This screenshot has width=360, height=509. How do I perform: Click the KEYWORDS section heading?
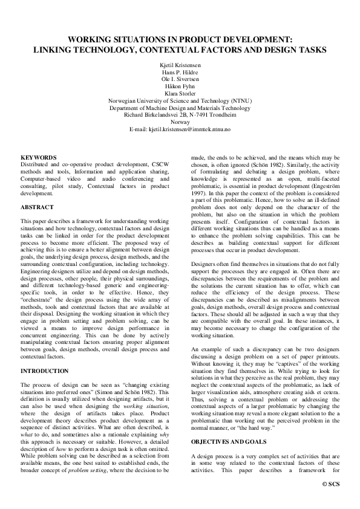pyautogui.click(x=39, y=157)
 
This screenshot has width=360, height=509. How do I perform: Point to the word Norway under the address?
pyautogui.click(x=180, y=122)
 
